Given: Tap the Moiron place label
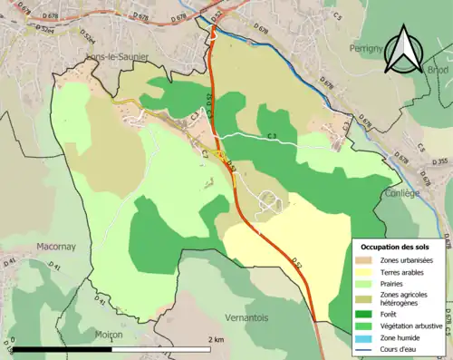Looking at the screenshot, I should tap(109, 335).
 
